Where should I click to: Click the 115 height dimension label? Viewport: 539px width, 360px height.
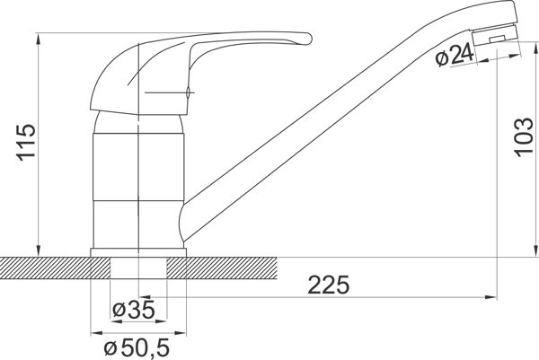pos(26,142)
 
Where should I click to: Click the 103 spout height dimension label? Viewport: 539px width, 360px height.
pos(523,137)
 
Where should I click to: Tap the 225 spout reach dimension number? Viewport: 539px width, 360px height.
pos(328,285)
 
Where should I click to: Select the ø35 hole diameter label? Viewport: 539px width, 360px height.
pos(134,311)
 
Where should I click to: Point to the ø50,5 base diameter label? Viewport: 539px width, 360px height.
pos(137,348)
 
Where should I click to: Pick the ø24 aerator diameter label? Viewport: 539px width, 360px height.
pos(454,56)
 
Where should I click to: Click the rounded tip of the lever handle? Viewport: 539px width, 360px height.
pos(308,39)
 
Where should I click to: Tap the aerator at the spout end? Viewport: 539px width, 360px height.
pos(495,36)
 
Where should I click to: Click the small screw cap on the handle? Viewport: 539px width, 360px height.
pos(188,92)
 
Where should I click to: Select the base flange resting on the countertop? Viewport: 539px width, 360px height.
pos(138,252)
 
